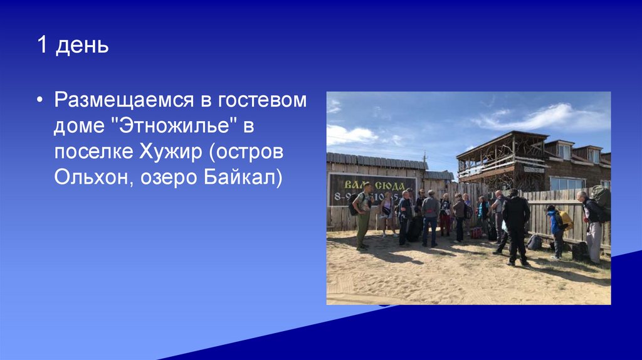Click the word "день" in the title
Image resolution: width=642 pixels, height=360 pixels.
(82, 46)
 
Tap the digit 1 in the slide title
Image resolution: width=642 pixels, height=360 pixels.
(42, 46)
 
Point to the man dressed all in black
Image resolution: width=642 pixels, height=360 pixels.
(517, 226)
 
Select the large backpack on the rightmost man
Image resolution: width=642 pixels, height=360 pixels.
(601, 200)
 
